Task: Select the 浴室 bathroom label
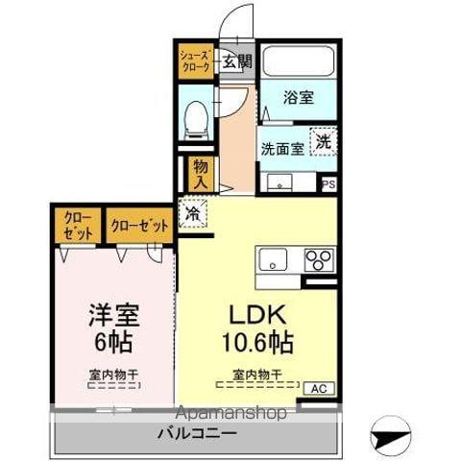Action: (298, 97)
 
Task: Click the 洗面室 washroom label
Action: (282, 149)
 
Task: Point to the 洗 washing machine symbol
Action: (325, 140)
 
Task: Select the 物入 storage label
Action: (200, 173)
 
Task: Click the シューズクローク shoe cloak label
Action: (192, 62)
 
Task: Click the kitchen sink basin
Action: (272, 259)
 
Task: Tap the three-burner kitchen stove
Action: (319, 259)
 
